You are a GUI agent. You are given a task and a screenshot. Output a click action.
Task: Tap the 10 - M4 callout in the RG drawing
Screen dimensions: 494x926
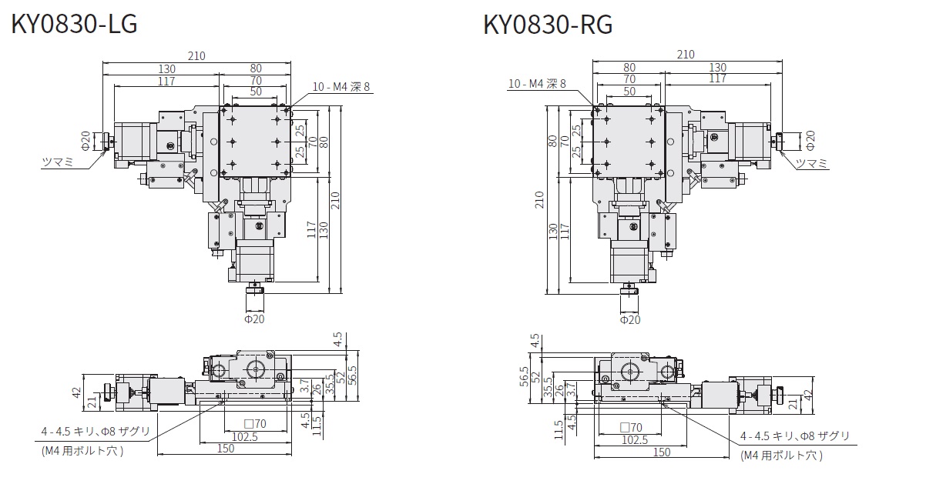point(537,83)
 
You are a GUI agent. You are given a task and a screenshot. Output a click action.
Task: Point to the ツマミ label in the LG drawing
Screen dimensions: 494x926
point(58,161)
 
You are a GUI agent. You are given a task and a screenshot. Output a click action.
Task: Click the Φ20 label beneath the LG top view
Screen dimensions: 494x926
point(254,319)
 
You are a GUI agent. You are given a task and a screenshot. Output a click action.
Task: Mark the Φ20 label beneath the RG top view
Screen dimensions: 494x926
point(630,319)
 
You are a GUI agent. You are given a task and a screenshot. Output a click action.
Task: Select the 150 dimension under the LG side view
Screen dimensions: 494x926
point(225,449)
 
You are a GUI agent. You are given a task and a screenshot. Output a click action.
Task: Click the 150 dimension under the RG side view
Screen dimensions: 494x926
point(661,452)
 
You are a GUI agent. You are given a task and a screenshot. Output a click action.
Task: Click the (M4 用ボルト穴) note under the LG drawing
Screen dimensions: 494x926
point(82,451)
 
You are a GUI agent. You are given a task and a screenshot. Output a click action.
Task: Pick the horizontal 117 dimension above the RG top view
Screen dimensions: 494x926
point(717,78)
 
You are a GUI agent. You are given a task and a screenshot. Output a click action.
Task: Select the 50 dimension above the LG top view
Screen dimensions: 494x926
point(255,91)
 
